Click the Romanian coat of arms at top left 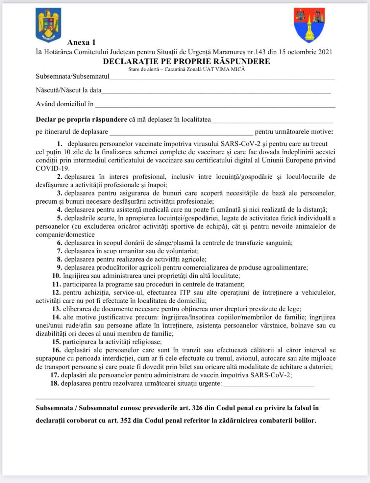48,25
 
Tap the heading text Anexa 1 81,42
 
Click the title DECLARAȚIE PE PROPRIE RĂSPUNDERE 186,61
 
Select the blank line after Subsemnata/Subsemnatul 222,78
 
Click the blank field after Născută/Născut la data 216,91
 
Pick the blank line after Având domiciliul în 215,105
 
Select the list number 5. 60,218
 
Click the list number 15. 56,342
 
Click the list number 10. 57,276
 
